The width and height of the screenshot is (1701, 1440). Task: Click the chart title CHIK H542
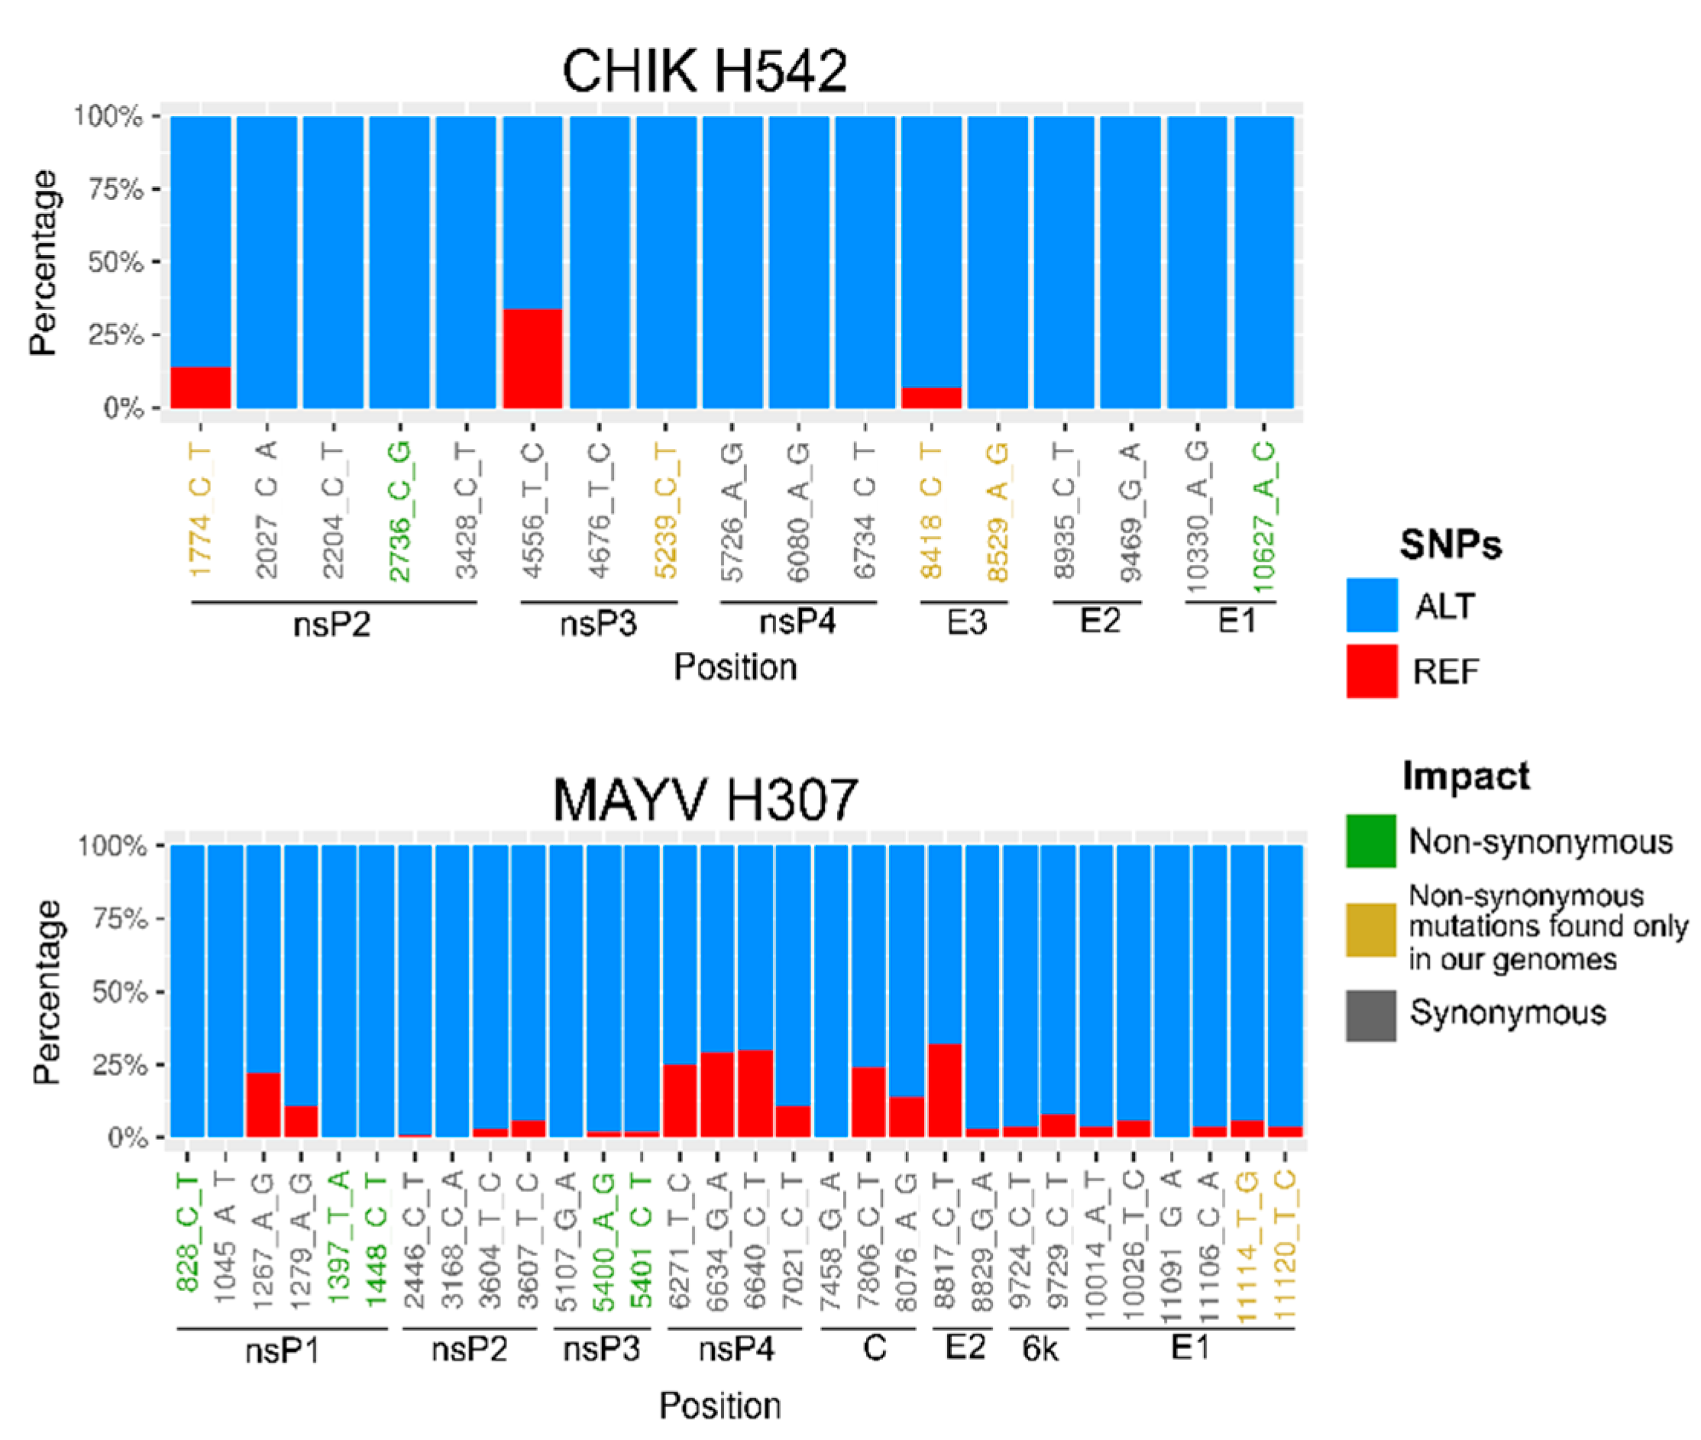click(704, 71)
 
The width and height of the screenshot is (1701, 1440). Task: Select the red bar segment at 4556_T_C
click(532, 358)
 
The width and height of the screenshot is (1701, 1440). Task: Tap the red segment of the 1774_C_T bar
click(200, 388)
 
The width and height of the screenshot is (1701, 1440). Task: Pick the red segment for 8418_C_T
click(931, 398)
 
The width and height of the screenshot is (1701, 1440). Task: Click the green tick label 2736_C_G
click(399, 512)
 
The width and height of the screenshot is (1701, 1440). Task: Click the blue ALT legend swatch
click(1371, 605)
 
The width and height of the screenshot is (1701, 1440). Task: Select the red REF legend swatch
click(1371, 671)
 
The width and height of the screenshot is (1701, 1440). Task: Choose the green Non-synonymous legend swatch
click(1370, 841)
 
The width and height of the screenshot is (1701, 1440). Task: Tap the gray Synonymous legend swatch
click(1370, 1015)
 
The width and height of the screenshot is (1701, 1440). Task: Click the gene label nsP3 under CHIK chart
click(598, 625)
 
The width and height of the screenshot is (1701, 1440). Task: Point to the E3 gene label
click(966, 623)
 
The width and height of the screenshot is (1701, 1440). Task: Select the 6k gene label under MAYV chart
click(1040, 1349)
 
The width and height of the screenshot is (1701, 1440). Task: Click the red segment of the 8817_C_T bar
click(945, 1090)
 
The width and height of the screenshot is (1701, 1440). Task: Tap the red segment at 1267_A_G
click(263, 1104)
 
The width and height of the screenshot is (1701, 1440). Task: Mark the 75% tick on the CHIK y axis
click(115, 189)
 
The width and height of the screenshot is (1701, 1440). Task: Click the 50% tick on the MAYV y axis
click(118, 992)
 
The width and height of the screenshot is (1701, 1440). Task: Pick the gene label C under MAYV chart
click(874, 1348)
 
